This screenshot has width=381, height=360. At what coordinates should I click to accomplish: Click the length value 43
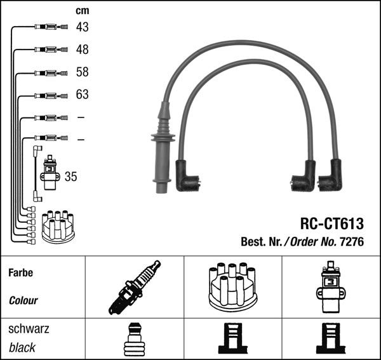click(x=82, y=27)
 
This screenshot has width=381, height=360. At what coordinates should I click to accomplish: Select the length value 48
click(x=82, y=50)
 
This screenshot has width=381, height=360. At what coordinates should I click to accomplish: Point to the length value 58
click(x=82, y=72)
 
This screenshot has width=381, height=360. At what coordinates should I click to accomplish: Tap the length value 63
click(x=82, y=95)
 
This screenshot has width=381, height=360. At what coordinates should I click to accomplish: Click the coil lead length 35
click(x=70, y=177)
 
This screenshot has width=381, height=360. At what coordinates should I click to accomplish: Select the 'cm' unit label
click(x=82, y=10)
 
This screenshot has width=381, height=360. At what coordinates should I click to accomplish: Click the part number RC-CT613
click(x=331, y=223)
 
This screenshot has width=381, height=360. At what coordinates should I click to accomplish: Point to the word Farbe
click(x=20, y=273)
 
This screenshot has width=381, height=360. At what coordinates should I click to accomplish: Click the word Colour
click(x=23, y=300)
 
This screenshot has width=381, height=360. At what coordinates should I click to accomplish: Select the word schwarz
click(x=29, y=330)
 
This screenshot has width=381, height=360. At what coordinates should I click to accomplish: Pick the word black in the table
click(x=22, y=348)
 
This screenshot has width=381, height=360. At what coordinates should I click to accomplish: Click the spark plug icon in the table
click(x=135, y=287)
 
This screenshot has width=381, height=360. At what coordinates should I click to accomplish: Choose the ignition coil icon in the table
click(x=330, y=287)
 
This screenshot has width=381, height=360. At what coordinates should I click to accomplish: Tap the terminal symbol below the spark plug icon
click(x=134, y=340)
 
